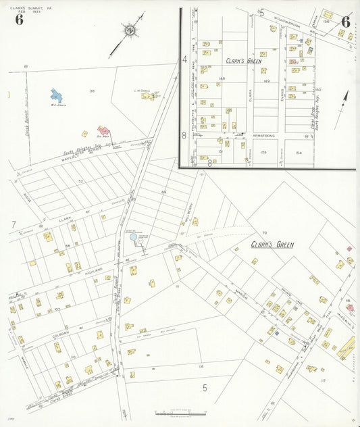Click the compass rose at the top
[x=129, y=30]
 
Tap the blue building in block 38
[x=57, y=96]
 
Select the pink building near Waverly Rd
[x=103, y=130]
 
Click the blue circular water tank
[x=133, y=237]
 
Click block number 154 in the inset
[x=298, y=153]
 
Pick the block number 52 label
[x=81, y=181]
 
